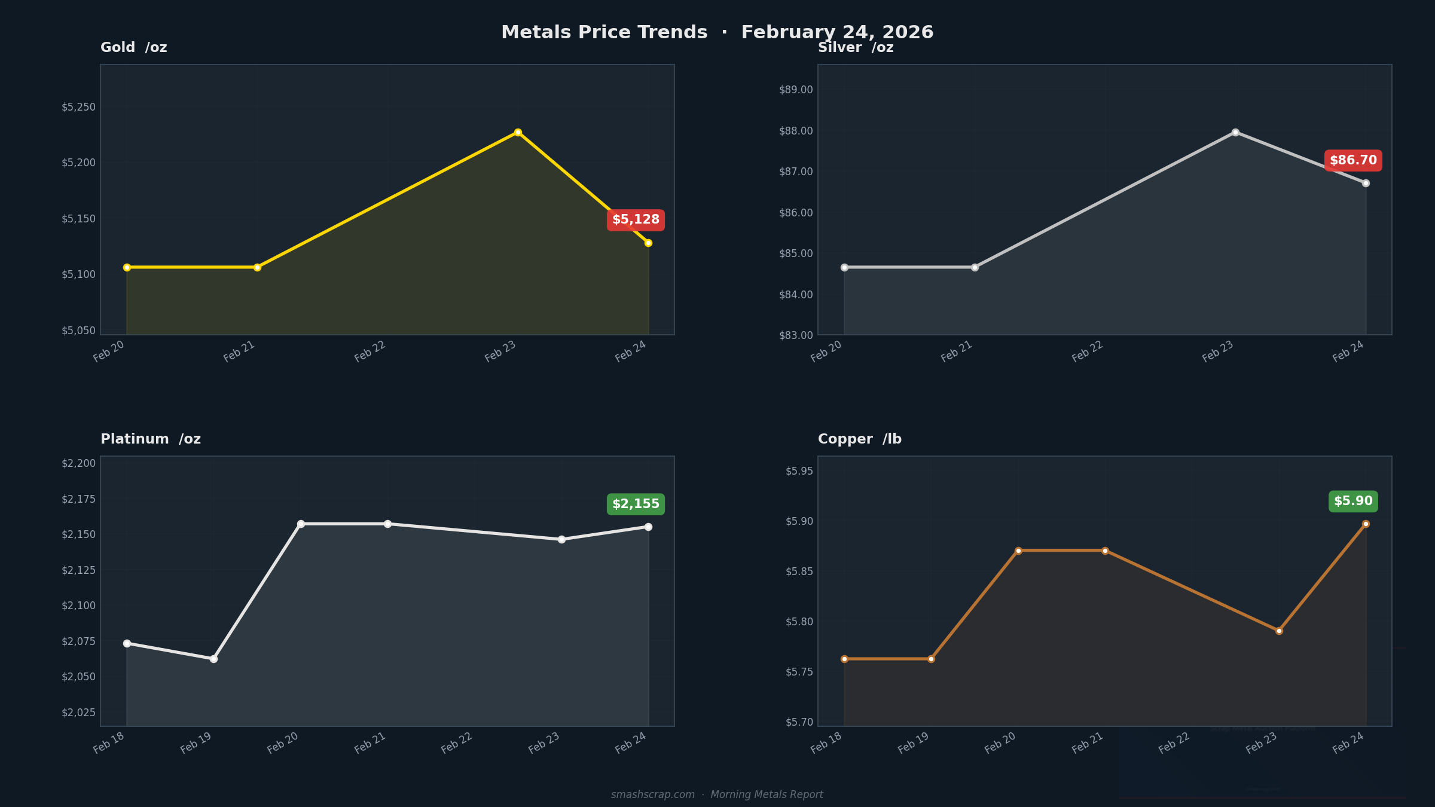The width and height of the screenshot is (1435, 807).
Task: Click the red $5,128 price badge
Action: pyautogui.click(x=636, y=220)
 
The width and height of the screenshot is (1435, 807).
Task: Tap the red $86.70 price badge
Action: pyautogui.click(x=1353, y=160)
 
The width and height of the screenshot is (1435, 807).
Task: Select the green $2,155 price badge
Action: pyautogui.click(x=636, y=504)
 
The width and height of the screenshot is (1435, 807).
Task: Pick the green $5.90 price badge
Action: pyautogui.click(x=1353, y=501)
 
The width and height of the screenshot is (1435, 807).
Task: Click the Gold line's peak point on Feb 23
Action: pyautogui.click(x=518, y=132)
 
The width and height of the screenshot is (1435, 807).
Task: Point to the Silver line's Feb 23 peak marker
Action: pyautogui.click(x=1235, y=132)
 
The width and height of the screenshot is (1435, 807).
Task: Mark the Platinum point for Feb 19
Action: pyautogui.click(x=213, y=659)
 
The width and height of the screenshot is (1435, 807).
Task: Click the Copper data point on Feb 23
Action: pyautogui.click(x=1279, y=631)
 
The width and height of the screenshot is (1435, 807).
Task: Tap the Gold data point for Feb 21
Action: pyautogui.click(x=257, y=267)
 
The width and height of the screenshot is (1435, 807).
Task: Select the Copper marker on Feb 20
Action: pyautogui.click(x=1018, y=551)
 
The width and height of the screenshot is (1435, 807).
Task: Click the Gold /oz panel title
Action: pyautogui.click(x=134, y=48)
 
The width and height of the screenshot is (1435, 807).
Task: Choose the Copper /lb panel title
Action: pyautogui.click(x=859, y=439)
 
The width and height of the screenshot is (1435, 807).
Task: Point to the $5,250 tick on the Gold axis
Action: pyautogui.click(x=78, y=107)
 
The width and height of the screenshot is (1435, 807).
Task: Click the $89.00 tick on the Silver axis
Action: pyautogui.click(x=796, y=90)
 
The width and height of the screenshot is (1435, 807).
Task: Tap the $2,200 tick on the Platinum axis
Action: pyautogui.click(x=78, y=463)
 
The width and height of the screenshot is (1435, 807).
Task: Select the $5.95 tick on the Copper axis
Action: pyautogui.click(x=799, y=471)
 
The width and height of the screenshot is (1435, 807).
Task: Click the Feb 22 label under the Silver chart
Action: pyautogui.click(x=1088, y=351)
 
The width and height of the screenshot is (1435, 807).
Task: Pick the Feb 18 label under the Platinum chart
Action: pyautogui.click(x=109, y=743)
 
